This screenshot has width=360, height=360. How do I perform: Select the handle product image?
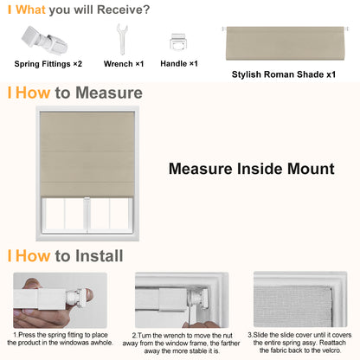point(179,41)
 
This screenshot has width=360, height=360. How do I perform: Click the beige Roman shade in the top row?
point(282,41)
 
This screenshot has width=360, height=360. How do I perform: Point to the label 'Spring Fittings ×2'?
point(48,64)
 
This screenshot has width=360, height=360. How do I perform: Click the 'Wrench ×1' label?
point(124,64)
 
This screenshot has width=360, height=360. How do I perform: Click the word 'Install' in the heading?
point(89,256)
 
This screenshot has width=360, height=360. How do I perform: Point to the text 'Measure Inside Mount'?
point(251,169)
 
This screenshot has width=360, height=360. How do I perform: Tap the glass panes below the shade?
point(87,212)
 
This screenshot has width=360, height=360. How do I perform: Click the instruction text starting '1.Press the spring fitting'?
point(60,338)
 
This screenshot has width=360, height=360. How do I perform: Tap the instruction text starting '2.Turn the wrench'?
point(179,343)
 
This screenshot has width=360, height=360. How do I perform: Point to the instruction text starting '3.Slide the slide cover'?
point(299,343)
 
